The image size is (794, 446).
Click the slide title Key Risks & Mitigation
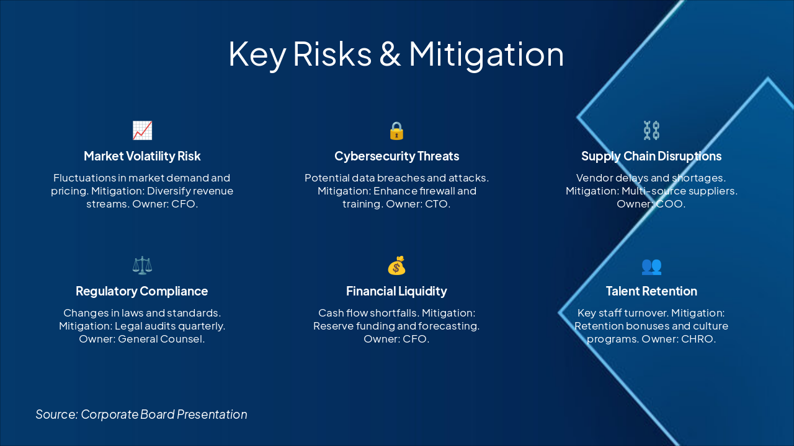point(396,54)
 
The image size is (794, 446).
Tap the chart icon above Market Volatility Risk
point(142,130)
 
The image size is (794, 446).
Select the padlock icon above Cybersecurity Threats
point(396,131)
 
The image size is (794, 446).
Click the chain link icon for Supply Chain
point(651,130)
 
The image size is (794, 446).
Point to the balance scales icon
point(142,266)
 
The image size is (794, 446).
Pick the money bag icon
point(396,266)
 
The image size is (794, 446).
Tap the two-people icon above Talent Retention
point(651,266)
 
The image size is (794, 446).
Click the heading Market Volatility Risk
point(142,156)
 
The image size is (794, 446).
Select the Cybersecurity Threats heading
point(396,156)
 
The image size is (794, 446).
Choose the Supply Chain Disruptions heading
point(651,156)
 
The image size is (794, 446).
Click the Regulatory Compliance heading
point(142,291)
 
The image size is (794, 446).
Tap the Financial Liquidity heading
point(396,291)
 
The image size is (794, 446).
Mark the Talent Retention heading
point(651,291)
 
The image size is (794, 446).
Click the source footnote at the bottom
point(141,414)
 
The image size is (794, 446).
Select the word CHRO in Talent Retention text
point(699,339)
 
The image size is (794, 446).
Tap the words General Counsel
point(161,339)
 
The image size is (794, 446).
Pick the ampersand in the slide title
point(390,54)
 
